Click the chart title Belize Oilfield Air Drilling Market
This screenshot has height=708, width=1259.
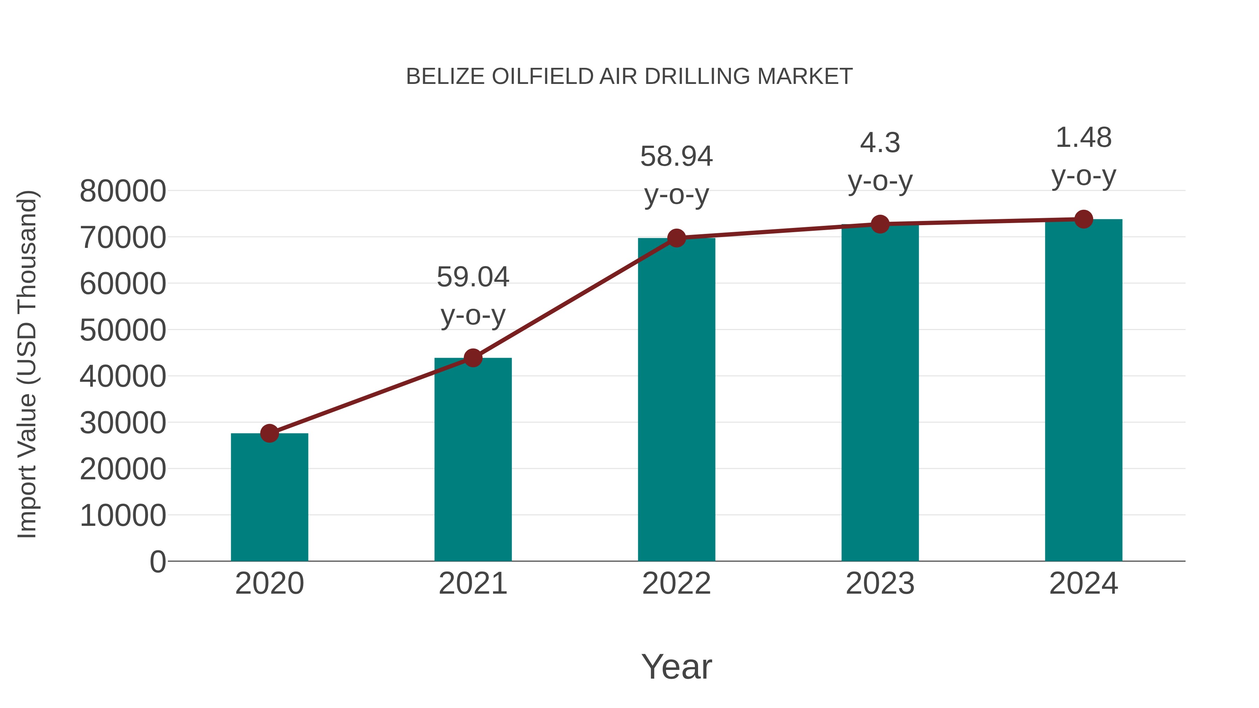click(x=629, y=77)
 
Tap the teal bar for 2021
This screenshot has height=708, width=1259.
click(x=472, y=459)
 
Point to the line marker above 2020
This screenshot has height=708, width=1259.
click(x=269, y=433)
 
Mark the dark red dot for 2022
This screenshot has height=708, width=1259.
click(x=676, y=238)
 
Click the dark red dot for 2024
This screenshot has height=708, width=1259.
click(x=1083, y=219)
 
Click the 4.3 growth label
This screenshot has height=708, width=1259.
click(x=880, y=143)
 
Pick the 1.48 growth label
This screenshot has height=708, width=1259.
click(x=1083, y=138)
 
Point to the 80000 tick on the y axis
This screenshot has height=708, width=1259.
click(x=123, y=191)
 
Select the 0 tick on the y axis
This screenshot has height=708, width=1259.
click(x=157, y=562)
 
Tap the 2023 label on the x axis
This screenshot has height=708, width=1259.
click(x=880, y=584)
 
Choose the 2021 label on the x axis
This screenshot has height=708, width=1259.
click(x=472, y=584)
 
